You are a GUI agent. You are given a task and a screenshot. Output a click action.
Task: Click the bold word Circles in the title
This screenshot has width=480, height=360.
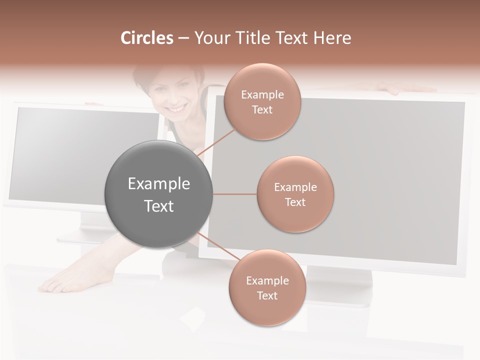[x=147, y=38]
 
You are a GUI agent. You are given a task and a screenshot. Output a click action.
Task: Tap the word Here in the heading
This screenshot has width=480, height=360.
[x=332, y=38]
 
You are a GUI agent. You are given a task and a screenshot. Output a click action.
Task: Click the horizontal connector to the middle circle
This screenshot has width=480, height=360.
[x=234, y=194]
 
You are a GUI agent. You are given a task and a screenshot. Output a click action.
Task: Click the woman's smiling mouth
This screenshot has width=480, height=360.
[x=175, y=108]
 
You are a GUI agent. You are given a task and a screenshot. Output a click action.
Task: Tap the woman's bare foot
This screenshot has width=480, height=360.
[x=65, y=282]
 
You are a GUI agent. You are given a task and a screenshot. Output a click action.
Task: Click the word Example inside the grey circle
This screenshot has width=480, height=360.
[x=158, y=183]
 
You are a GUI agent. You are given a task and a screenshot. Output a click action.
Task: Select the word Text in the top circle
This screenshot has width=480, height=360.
[x=262, y=110]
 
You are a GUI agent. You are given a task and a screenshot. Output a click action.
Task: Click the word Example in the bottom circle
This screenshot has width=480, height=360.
[x=267, y=280]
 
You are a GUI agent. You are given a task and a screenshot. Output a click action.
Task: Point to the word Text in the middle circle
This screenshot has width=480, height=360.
[x=295, y=202]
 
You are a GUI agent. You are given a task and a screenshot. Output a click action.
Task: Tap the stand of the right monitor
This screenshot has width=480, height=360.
[x=340, y=285]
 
